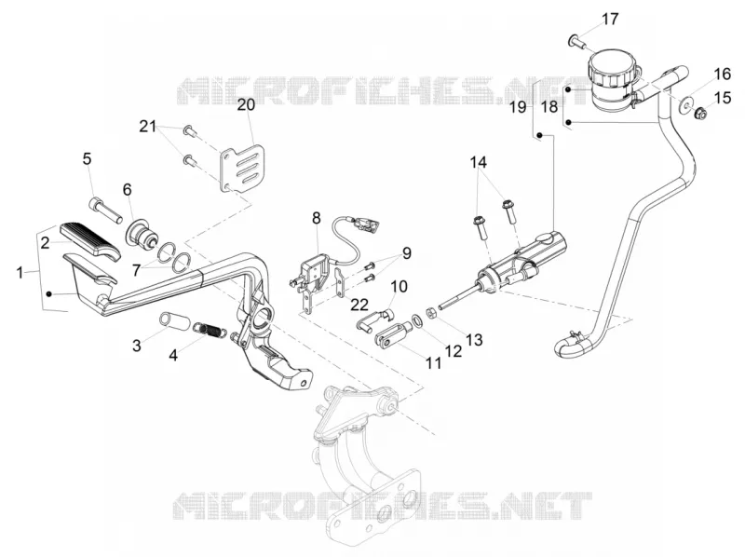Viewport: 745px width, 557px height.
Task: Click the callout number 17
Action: [x=611, y=20]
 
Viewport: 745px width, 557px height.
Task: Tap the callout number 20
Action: [x=246, y=105]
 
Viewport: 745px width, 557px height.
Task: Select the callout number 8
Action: [x=317, y=218]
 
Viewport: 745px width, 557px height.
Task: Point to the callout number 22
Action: [x=359, y=305]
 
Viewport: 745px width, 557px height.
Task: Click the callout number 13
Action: [x=474, y=339]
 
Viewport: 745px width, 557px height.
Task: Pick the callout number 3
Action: [x=137, y=346]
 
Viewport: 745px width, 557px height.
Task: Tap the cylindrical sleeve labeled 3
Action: [x=171, y=319]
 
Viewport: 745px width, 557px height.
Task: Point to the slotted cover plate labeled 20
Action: [x=242, y=169]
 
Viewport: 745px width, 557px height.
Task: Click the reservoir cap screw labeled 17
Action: [x=577, y=42]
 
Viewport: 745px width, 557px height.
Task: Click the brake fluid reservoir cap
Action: [x=610, y=68]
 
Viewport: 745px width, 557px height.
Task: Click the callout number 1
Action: [x=20, y=273]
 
